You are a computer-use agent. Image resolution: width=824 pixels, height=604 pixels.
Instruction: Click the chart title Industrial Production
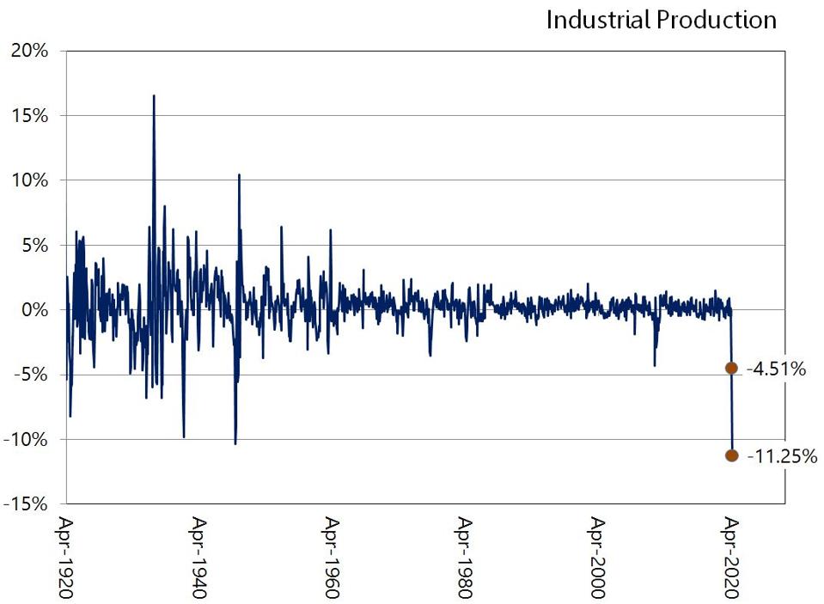pyautogui.click(x=661, y=20)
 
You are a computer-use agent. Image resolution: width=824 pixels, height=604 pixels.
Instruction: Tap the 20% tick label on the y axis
pyautogui.click(x=28, y=51)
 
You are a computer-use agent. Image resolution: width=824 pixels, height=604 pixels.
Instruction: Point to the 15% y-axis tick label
pyautogui.click(x=29, y=115)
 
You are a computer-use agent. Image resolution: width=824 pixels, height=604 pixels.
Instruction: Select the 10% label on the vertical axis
pyautogui.click(x=29, y=180)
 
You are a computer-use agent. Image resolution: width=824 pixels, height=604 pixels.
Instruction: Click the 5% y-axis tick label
pyautogui.click(x=33, y=245)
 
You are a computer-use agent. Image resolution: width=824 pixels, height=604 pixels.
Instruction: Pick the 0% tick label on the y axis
pyautogui.click(x=33, y=309)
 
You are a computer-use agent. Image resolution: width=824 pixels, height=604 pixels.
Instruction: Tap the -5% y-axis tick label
pyautogui.click(x=30, y=375)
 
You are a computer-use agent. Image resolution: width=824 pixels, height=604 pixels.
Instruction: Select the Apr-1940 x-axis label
pyautogui.click(x=200, y=556)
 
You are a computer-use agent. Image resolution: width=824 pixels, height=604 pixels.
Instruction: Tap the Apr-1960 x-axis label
pyautogui.click(x=333, y=556)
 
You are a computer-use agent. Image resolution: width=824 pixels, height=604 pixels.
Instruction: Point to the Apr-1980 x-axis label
pyautogui.click(x=466, y=556)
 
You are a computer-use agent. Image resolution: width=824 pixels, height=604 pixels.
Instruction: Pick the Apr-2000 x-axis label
pyautogui.click(x=598, y=556)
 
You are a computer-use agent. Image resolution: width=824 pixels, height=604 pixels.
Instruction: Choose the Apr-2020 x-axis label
pyautogui.click(x=731, y=556)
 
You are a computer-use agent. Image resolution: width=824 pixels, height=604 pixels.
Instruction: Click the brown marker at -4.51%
pyautogui.click(x=731, y=368)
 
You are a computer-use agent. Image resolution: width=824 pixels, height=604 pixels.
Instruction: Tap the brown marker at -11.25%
pyautogui.click(x=731, y=455)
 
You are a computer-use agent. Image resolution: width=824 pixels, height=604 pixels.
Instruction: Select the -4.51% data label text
pyautogui.click(x=777, y=369)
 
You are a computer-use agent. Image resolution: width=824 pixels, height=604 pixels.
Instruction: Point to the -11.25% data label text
pyautogui.click(x=781, y=456)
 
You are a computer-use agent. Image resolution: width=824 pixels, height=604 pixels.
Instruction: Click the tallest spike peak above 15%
pyautogui.click(x=154, y=96)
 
